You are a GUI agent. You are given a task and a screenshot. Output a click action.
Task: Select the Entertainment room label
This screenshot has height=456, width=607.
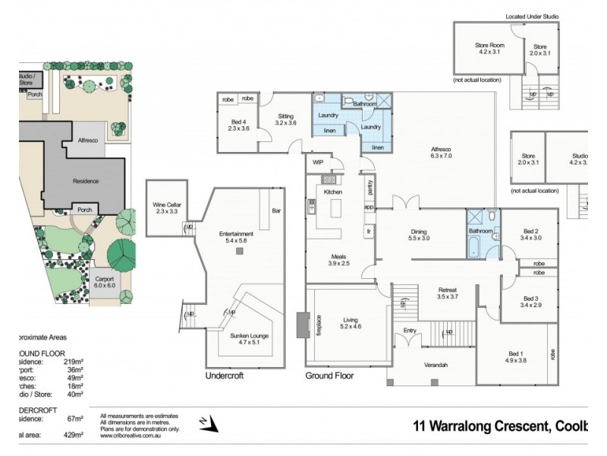pos(235,234)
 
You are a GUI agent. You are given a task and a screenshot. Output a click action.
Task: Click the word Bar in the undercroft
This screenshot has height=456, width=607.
pos(276,211)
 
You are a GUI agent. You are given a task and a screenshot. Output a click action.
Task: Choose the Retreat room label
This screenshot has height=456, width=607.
pos(448,290)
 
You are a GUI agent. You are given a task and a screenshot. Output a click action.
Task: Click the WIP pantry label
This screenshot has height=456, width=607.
pos(317,161)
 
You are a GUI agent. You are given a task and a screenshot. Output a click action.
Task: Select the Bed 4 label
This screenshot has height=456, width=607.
pos(239,122)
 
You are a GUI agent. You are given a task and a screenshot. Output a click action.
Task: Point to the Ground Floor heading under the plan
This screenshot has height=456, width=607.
pos(329,375)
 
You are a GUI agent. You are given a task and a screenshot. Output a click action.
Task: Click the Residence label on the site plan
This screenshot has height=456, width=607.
pos(86,182)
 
